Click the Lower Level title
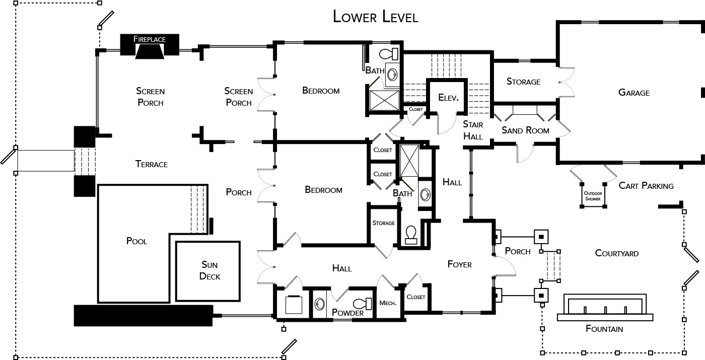(x=376, y=17)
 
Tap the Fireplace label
(x=150, y=39)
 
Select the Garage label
(x=634, y=93)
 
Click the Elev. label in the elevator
(x=448, y=98)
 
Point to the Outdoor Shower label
(x=593, y=196)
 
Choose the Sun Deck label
(x=209, y=271)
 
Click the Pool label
(x=136, y=241)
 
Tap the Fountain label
(x=604, y=329)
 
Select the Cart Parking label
(x=646, y=186)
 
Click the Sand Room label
(x=525, y=130)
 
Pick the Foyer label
(x=459, y=264)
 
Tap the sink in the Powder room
(x=320, y=304)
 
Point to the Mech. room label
(x=388, y=303)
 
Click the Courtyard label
(x=617, y=253)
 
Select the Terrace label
(x=152, y=164)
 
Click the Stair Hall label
(x=473, y=130)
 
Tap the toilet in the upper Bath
(x=389, y=54)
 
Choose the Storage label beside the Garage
(x=523, y=82)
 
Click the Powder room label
(x=348, y=313)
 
